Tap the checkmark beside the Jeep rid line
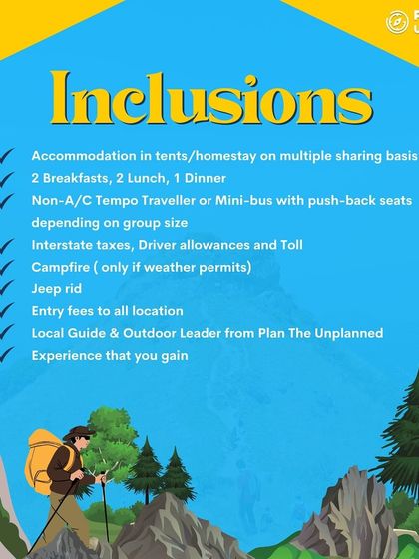(8, 288)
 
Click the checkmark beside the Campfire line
(8, 267)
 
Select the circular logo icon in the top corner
(398, 20)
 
